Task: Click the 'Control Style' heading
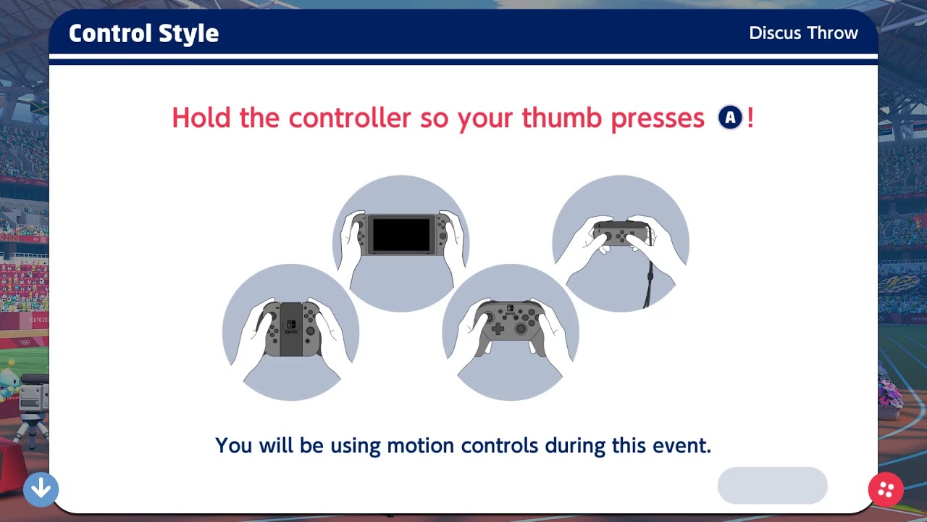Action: (x=143, y=33)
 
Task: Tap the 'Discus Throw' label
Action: (x=803, y=33)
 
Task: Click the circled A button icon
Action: (x=730, y=117)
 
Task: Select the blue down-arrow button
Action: (x=41, y=489)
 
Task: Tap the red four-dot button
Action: (x=886, y=489)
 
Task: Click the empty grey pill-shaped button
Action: (x=772, y=485)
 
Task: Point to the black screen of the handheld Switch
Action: (x=400, y=234)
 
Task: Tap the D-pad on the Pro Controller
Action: (x=498, y=328)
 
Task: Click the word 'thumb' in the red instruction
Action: (x=562, y=117)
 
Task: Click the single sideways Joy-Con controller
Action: (x=620, y=233)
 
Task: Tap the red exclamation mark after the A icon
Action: (x=750, y=117)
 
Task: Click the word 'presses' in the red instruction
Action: (x=657, y=117)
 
